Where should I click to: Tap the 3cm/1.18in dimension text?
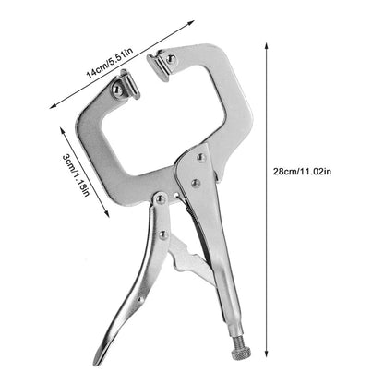[76, 175]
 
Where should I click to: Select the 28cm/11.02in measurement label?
[302, 172]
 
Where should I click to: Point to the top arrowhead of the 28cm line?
[267, 46]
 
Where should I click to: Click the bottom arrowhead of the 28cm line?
[267, 354]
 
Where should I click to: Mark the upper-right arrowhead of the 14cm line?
[191, 23]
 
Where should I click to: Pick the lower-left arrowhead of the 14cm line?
[53, 106]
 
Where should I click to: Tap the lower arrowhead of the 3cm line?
[106, 214]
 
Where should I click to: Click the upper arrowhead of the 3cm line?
[62, 129]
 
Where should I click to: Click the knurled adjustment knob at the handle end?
[241, 353]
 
